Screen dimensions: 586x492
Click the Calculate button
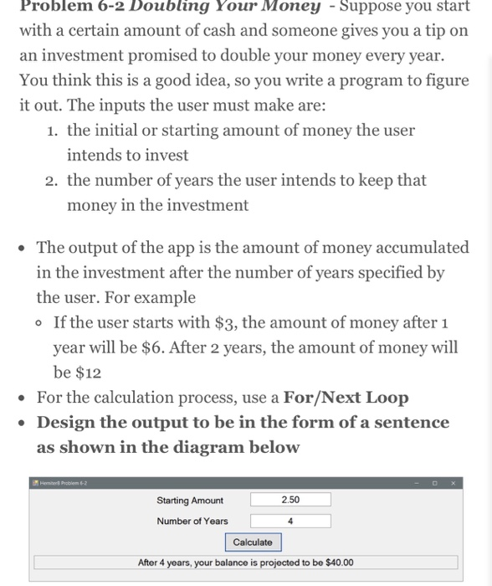click(253, 542)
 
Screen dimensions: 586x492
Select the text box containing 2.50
click(290, 500)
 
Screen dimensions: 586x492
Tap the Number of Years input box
click(290, 521)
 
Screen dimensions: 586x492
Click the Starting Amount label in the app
click(190, 501)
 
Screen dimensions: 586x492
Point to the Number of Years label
click(192, 522)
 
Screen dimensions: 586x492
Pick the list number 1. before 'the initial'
click(54, 131)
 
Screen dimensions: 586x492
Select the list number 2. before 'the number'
click(54, 181)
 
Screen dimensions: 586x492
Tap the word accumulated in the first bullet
click(419, 248)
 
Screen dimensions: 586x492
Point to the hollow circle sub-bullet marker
click(40, 323)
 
